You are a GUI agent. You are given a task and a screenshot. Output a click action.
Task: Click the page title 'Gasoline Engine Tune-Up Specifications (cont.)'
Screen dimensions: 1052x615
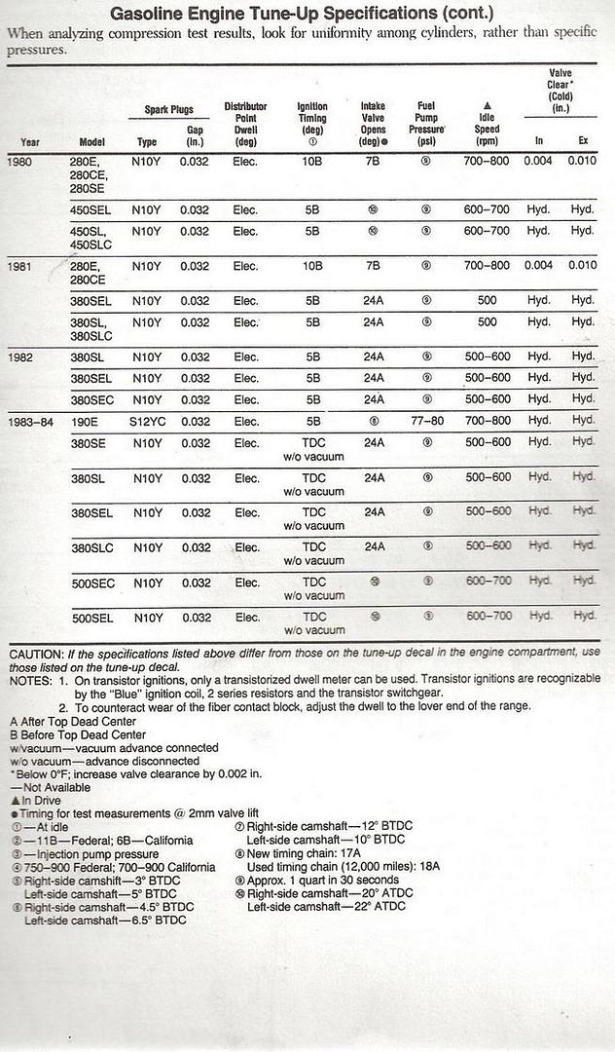click(302, 14)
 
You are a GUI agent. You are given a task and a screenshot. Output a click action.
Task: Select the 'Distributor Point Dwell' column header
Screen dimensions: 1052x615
click(245, 121)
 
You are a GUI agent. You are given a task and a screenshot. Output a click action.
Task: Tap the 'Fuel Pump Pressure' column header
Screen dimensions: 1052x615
click(425, 121)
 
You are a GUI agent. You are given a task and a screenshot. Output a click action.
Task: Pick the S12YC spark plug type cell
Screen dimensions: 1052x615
click(146, 421)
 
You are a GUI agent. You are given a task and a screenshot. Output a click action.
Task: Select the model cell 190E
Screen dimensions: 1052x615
click(86, 421)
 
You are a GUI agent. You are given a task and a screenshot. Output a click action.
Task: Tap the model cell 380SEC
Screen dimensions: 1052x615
click(91, 399)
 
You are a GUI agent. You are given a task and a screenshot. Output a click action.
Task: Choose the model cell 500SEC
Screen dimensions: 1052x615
click(91, 582)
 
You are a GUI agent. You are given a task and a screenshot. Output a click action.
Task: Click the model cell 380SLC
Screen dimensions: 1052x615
click(91, 547)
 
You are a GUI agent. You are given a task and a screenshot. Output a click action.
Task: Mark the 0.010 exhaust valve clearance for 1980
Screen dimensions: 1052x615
click(582, 161)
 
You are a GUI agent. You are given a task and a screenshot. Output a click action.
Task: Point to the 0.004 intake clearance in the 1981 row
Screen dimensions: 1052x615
click(538, 266)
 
